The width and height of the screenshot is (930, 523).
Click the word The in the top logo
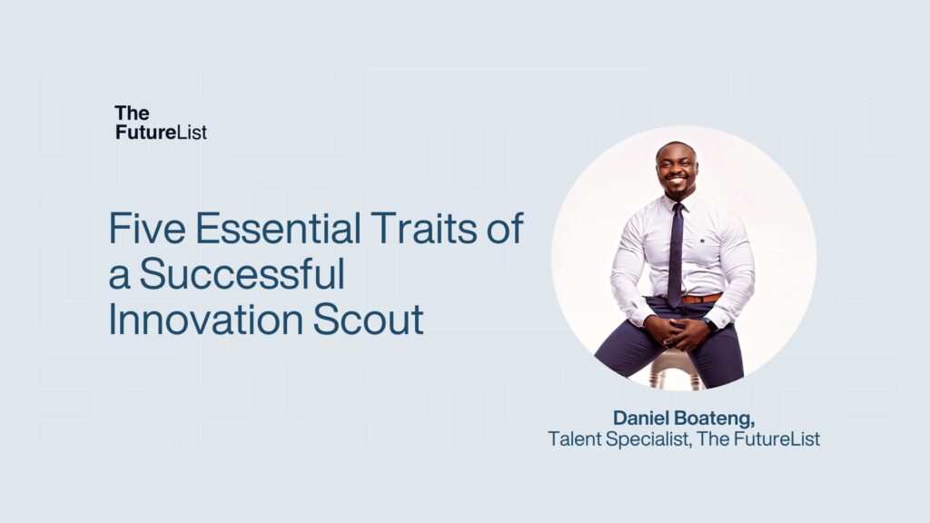(132, 113)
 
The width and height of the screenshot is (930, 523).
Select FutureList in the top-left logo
(161, 133)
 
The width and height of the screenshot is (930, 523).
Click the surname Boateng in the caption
(719, 419)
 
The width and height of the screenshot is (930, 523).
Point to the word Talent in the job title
(574, 439)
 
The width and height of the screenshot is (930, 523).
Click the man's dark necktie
(676, 254)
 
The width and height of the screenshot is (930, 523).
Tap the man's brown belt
(700, 298)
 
